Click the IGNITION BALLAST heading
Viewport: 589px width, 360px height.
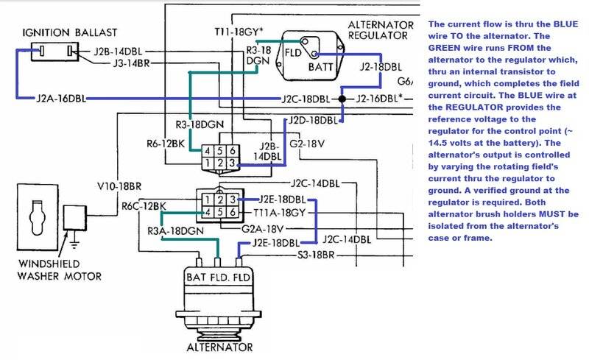point(70,32)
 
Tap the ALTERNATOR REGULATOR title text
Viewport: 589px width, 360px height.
point(381,30)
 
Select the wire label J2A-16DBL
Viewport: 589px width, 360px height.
point(61,99)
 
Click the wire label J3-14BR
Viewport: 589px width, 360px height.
point(132,63)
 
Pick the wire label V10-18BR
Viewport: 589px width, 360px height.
point(119,186)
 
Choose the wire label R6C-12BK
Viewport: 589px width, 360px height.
point(144,206)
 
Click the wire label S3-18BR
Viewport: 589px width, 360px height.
point(316,255)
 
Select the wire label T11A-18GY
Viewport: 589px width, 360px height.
point(280,213)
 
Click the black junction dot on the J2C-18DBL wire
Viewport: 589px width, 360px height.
point(342,99)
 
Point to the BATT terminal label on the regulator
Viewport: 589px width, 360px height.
point(321,67)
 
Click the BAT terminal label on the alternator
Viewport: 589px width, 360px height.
point(196,278)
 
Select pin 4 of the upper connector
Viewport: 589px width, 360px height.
point(208,151)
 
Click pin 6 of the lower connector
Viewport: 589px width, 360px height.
point(233,212)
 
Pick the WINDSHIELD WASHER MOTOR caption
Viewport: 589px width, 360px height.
point(60,270)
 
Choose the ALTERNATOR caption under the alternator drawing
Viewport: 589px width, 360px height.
point(219,347)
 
